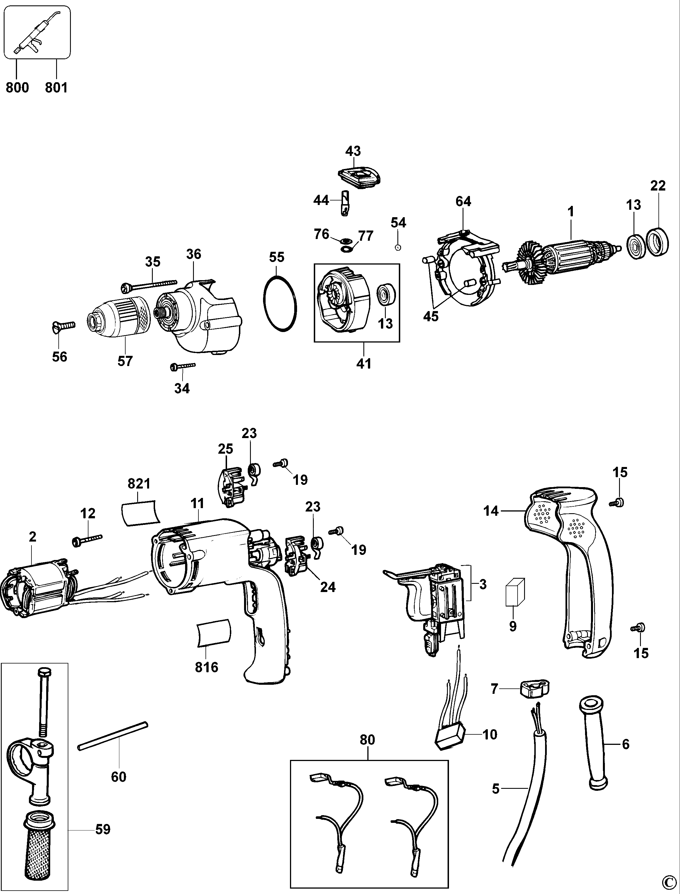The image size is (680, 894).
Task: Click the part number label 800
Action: point(17,87)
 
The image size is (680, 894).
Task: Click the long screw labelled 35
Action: point(149,285)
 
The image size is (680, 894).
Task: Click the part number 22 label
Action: point(658,186)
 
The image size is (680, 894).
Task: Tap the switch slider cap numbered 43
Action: point(359,178)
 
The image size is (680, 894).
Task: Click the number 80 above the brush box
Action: point(367,740)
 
